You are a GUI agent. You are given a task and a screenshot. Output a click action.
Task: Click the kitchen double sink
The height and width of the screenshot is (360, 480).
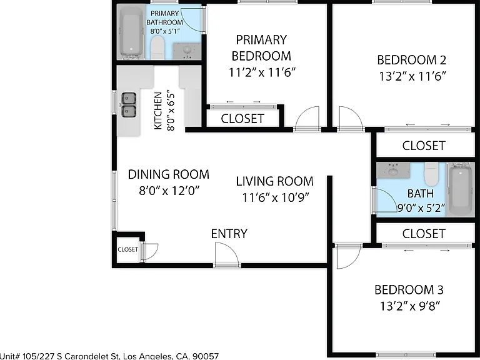click(129, 105)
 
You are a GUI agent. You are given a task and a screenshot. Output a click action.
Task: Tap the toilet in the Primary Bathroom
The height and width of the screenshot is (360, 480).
click(157, 47)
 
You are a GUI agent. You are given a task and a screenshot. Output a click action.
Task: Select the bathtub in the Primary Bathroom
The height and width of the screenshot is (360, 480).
click(132, 33)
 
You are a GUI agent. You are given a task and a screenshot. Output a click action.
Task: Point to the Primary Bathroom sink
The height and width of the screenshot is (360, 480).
click(187, 51)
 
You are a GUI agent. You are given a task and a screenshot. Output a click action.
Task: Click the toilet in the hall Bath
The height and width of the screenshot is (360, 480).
click(431, 174)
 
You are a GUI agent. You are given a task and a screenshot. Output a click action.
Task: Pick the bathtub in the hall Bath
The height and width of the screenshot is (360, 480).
click(461, 189)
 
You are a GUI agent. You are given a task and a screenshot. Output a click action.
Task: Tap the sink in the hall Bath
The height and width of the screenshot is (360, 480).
click(393, 170)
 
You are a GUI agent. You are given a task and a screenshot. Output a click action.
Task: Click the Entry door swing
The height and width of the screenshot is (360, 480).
click(226, 254)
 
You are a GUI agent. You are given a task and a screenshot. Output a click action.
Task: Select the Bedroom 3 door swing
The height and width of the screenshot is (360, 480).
click(348, 256)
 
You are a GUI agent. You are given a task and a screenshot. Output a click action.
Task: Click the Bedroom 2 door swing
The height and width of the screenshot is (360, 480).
click(351, 119)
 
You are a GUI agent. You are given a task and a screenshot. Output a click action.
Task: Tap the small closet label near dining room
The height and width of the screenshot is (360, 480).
click(127, 249)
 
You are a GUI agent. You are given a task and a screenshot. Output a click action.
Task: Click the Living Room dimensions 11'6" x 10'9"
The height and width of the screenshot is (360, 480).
click(276, 197)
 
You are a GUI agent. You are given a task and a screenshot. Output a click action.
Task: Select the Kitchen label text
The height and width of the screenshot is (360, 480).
click(158, 111)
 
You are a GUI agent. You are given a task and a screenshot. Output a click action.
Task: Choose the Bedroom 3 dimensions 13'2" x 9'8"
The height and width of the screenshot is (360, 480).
click(410, 306)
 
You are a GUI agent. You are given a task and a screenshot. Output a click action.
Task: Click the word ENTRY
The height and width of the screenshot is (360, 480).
click(229, 234)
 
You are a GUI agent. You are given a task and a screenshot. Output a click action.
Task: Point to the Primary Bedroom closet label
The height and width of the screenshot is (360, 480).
click(242, 119)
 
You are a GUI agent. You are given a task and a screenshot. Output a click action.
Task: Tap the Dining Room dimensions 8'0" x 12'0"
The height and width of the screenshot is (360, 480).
click(169, 191)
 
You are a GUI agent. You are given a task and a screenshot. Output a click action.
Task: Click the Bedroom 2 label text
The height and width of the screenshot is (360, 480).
click(411, 60)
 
